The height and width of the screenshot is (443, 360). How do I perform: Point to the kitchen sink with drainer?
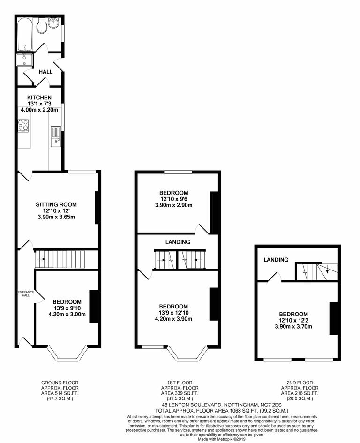click(x=56, y=135)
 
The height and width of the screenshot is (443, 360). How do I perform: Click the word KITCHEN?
click(x=39, y=97)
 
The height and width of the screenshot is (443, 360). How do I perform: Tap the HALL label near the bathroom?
click(x=45, y=72)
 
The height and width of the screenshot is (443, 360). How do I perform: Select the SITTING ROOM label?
click(x=56, y=204)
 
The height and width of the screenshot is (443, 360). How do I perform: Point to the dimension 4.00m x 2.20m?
click(x=39, y=110)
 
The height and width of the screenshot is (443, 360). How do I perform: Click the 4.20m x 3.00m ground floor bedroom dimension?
click(x=67, y=315)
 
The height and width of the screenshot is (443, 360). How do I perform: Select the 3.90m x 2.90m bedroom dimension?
click(x=173, y=205)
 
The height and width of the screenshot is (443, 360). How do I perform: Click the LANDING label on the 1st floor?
click(x=178, y=242)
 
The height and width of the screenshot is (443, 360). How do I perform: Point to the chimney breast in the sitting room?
click(x=97, y=208)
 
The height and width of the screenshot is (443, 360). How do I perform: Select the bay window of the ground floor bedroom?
click(x=69, y=355)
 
